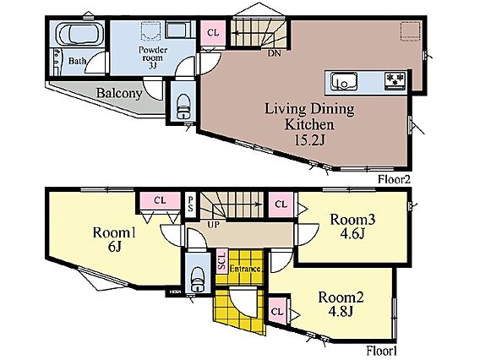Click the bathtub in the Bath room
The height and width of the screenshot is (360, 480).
[80, 35]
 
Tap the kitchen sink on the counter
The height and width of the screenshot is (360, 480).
[343, 81]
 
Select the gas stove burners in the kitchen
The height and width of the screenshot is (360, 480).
[395, 80]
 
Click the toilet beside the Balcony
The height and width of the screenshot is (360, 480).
[183, 106]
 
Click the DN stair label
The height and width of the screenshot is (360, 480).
[275, 53]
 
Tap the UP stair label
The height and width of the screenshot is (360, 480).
[213, 225]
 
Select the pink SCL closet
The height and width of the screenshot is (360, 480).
[221, 261]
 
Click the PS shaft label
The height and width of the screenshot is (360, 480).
[190, 205]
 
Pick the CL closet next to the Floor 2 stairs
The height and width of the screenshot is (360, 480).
[213, 33]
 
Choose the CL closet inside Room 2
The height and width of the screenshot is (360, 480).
[277, 312]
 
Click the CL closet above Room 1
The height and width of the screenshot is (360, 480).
[160, 200]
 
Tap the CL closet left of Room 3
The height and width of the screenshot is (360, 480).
[281, 205]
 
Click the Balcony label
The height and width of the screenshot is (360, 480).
[119, 93]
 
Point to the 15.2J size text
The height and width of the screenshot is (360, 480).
[309, 140]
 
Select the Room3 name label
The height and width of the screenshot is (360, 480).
[352, 219]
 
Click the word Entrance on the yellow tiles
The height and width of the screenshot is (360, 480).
[245, 269]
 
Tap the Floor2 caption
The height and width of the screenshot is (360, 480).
[394, 179]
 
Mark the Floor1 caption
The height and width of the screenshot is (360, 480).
[382, 351]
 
